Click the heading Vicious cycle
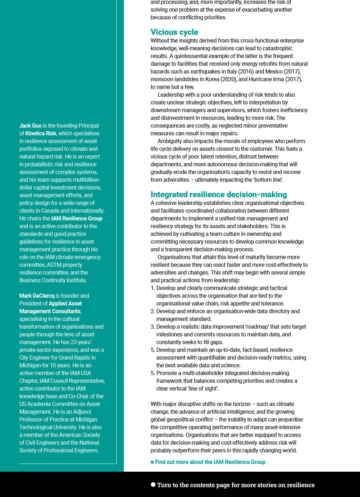click(x=174, y=32)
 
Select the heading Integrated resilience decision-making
click(x=219, y=194)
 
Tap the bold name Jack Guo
click(x=30, y=125)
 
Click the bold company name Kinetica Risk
click(x=41, y=133)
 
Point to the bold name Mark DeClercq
click(x=37, y=296)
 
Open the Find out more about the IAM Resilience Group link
click(x=210, y=462)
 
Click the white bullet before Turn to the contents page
click(x=153, y=484)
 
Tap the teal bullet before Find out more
click(x=152, y=462)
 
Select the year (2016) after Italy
click(x=246, y=71)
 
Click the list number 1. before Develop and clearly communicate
click(x=153, y=288)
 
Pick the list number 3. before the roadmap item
click(x=153, y=327)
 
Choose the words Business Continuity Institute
click(x=53, y=280)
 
